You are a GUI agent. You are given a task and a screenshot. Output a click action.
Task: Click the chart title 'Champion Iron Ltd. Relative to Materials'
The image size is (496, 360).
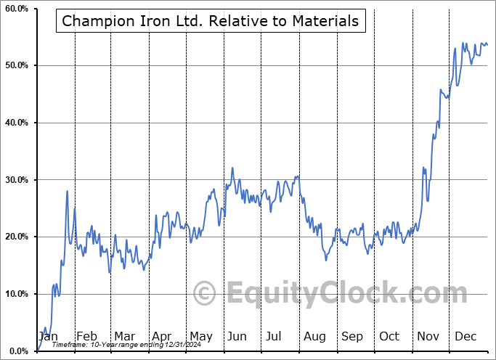coord(211,21)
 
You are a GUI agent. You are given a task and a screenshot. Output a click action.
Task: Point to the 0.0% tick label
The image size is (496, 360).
coord(18,351)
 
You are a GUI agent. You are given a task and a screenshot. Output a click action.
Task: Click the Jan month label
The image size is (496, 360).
coord(48,336)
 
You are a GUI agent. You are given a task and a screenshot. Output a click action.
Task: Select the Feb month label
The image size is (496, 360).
coord(86,336)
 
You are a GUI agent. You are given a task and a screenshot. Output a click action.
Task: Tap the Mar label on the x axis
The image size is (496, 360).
coord(124,336)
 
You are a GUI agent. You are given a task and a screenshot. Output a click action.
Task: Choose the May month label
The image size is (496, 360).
coord(200,336)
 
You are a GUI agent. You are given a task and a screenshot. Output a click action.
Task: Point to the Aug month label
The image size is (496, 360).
coord(314,336)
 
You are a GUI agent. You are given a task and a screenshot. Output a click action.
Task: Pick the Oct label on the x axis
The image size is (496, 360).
coord(389,336)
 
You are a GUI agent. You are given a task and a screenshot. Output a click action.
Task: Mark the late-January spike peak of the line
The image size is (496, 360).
coord(67,191)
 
